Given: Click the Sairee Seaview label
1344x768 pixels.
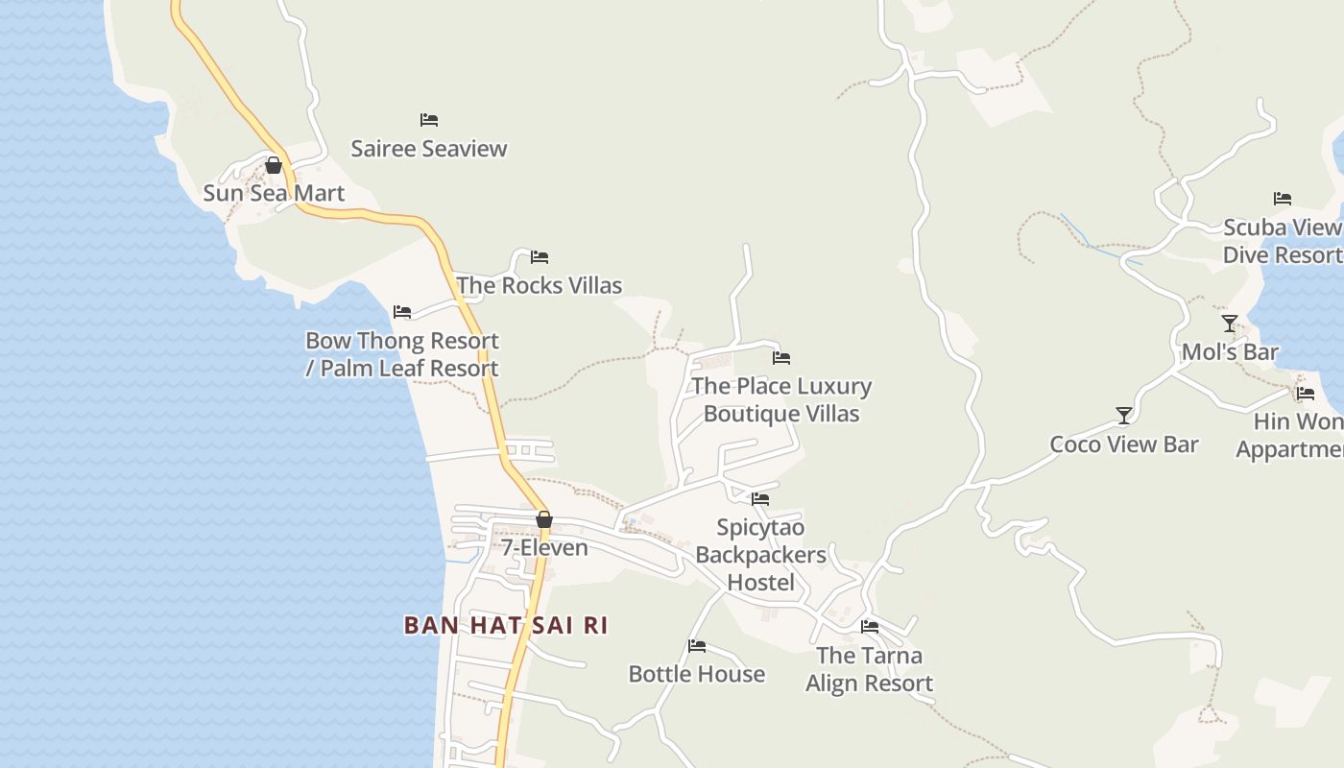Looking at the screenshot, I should coord(428,149).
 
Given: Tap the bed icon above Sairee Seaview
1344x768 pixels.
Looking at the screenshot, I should coord(429,120).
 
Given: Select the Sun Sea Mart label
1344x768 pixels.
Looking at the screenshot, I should coord(274,193).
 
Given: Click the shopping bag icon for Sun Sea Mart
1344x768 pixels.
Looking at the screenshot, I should coord(274,165).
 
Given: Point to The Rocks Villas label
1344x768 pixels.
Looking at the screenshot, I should coord(540,285).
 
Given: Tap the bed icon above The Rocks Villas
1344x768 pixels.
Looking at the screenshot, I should coord(540,257).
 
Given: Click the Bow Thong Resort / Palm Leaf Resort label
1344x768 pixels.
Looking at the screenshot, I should coord(402,354).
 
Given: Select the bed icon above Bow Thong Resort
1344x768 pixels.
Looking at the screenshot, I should coord(402,312).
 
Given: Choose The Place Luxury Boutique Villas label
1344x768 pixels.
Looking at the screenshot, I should coord(781,399).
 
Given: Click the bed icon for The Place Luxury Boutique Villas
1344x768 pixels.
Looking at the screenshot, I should coord(781,358).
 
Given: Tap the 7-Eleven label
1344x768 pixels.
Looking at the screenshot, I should coord(544,548).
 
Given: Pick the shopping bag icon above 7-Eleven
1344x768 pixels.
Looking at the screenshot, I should coord(544,519).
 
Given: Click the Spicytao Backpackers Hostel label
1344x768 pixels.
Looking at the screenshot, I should coord(760,555).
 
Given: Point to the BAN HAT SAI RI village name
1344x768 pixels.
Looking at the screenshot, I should coord(506,626).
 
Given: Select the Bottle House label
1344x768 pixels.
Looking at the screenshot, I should coord(697,674).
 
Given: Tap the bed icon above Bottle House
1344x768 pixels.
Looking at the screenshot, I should coord(697,646).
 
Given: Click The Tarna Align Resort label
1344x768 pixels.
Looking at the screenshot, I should coord(870,669).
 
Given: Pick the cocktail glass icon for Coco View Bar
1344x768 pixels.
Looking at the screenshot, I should coord(1124,416).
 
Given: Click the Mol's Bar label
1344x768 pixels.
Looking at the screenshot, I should coord(1230,352).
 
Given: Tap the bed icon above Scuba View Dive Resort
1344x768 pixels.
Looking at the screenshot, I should coord(1283,199).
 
